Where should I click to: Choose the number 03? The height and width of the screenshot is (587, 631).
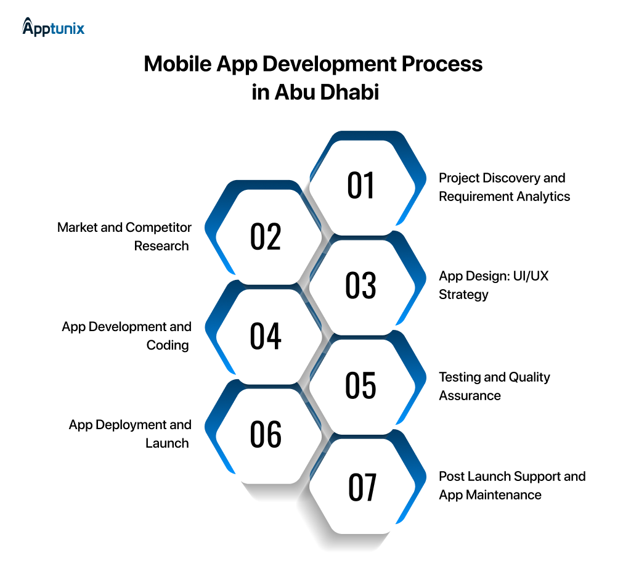pyautogui.click(x=361, y=285)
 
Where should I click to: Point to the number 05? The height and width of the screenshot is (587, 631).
pyautogui.click(x=361, y=386)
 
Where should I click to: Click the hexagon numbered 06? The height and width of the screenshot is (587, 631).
pyautogui.click(x=266, y=435)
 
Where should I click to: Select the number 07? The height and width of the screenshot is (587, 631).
pyautogui.click(x=362, y=488)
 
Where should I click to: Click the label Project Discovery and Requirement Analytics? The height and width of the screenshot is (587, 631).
pyautogui.click(x=504, y=187)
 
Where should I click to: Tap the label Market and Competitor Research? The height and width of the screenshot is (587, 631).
pyautogui.click(x=124, y=237)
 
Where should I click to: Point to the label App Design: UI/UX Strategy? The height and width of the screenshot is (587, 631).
pyautogui.click(x=493, y=285)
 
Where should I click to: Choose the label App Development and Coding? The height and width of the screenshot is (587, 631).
pyautogui.click(x=127, y=336)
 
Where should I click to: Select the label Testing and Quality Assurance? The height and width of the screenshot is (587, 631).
pyautogui.click(x=494, y=386)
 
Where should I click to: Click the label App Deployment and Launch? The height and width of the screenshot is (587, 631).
pyautogui.click(x=130, y=434)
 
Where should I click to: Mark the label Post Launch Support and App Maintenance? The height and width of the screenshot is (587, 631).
pyautogui.click(x=511, y=485)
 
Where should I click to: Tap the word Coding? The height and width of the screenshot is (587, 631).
pyautogui.click(x=168, y=345)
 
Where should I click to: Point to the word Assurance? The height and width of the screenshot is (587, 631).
pyautogui.click(x=470, y=395)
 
